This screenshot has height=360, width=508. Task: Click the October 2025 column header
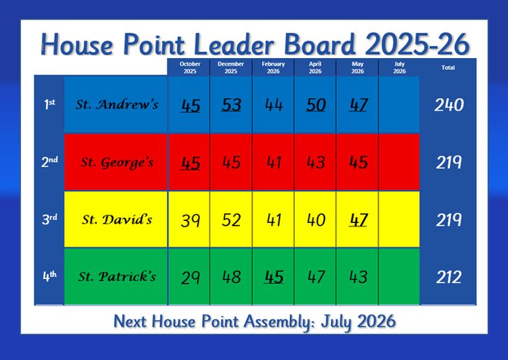pos(190,67)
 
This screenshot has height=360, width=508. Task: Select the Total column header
pos(448,67)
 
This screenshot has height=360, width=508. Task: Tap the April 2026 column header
pos(315,67)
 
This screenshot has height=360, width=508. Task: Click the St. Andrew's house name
pos(117,104)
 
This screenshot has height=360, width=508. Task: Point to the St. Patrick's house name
pos(117,277)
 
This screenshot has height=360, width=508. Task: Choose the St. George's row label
pos(117,162)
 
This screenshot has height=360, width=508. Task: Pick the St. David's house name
pos(117,219)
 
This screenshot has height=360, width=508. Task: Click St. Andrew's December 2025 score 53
pos(231,105)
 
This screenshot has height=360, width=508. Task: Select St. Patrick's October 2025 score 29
pos(190,278)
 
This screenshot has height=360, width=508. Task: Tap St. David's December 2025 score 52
pos(231,220)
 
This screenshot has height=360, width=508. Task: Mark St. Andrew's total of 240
pos(449,105)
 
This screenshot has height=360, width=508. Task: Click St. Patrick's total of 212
pos(449,278)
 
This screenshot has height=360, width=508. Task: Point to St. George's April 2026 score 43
pos(316,162)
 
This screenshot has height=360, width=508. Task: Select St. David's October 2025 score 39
pos(190,220)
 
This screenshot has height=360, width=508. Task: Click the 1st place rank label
pos(50,104)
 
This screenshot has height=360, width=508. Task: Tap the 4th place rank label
pos(50,276)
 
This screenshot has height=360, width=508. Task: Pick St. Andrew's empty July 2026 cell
pos(399,105)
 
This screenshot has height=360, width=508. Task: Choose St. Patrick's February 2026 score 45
pos(273,277)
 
